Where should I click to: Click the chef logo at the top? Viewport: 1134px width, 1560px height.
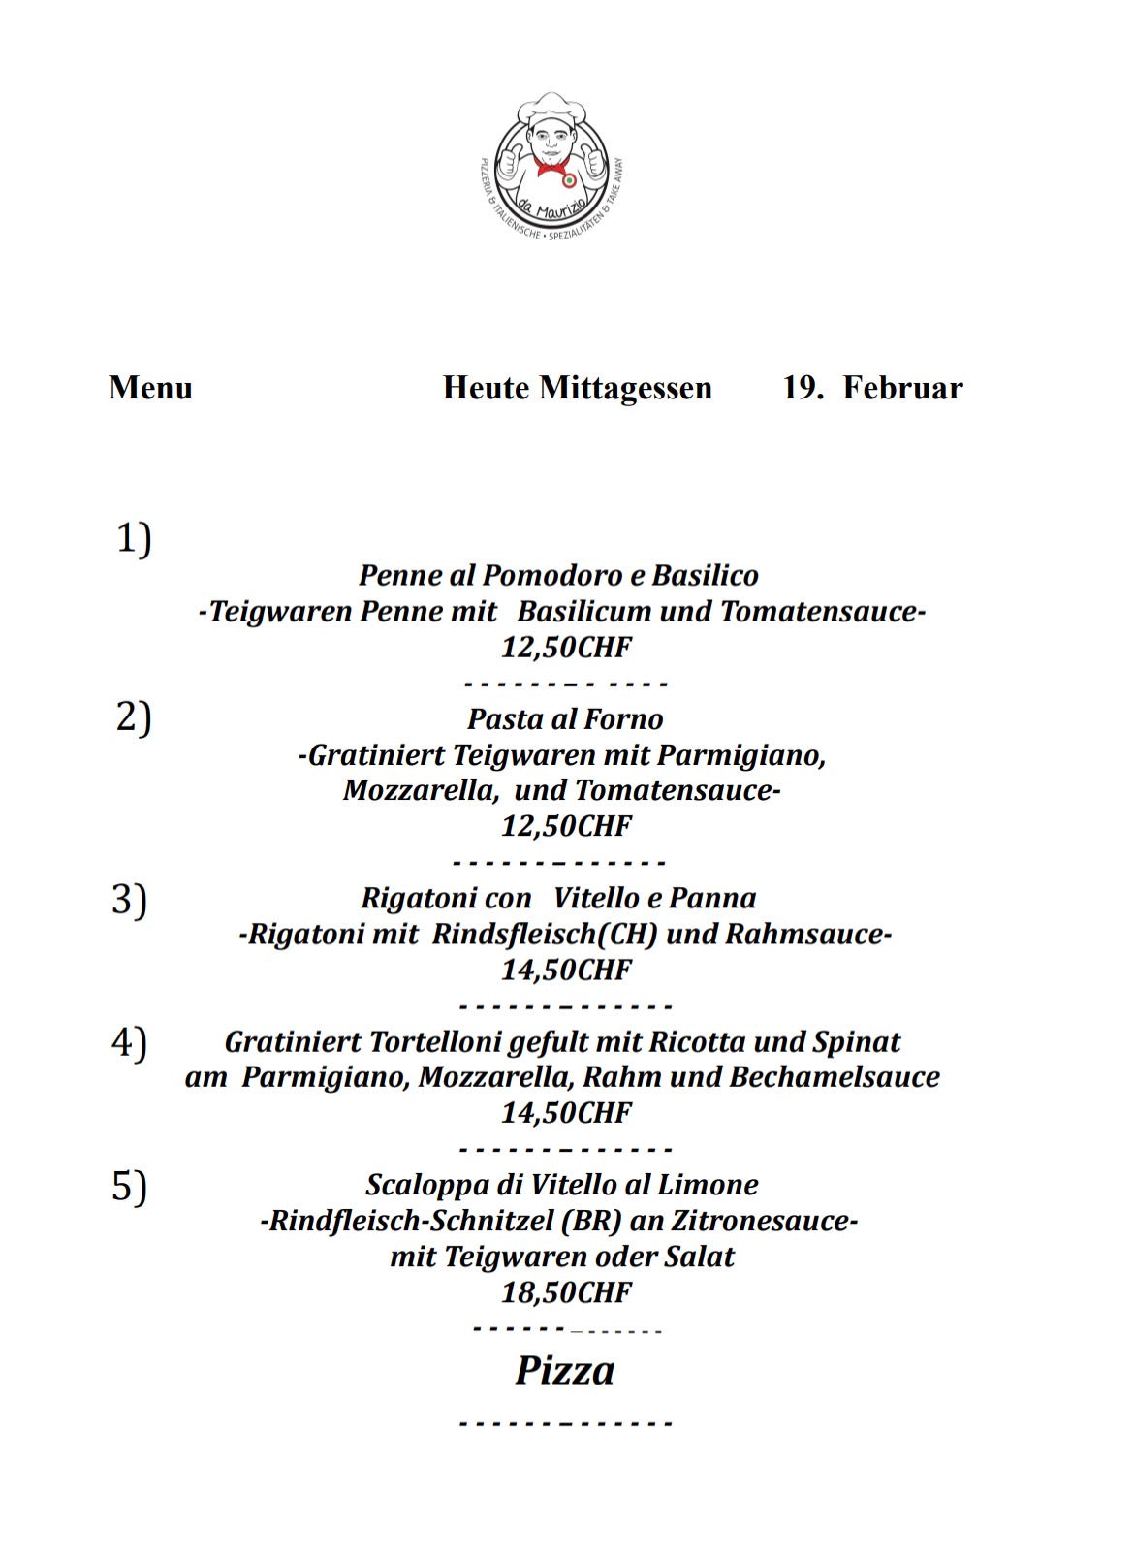click(x=552, y=165)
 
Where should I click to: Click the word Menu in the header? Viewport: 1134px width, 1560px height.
click(x=150, y=388)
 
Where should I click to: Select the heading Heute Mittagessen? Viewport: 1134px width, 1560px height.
click(x=577, y=388)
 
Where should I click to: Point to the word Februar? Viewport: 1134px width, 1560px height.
click(x=902, y=388)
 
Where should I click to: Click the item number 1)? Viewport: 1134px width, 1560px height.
click(x=134, y=538)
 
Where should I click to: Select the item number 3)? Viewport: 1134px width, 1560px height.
click(x=129, y=899)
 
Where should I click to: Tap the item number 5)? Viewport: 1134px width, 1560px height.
click(x=129, y=1186)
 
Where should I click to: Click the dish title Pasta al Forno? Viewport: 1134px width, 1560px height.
click(x=565, y=719)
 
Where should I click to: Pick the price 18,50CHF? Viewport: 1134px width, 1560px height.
click(x=566, y=1292)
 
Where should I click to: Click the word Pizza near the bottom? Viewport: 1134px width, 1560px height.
click(x=564, y=1371)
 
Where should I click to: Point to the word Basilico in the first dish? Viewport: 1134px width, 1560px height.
click(x=705, y=576)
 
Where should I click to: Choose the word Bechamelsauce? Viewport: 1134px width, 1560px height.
click(x=835, y=1077)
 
